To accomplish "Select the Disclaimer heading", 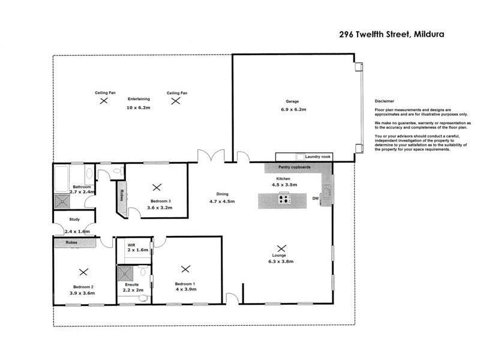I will point(385,102).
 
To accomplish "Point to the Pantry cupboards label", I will point(295,167).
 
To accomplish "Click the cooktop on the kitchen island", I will point(283,200).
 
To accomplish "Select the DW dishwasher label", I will point(315,197).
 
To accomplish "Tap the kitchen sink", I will point(326,190).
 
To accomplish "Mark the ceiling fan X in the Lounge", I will point(281,247).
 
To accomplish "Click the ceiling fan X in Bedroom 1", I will point(185,269).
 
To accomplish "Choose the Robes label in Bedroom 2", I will point(72,243).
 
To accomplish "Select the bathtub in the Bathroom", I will point(61,177).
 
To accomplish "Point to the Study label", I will point(75,219).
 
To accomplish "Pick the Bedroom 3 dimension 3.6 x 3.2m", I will point(160,208).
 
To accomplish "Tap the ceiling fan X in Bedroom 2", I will point(83,271).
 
